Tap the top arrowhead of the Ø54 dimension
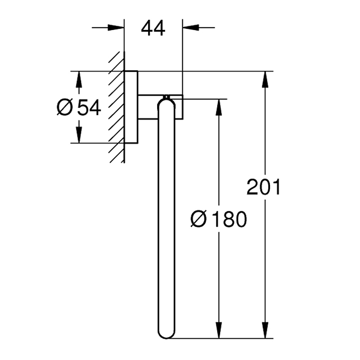(x=78, y=77)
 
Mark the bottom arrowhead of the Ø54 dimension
(x=78, y=137)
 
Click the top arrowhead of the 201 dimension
(x=263, y=77)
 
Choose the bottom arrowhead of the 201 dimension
(x=263, y=334)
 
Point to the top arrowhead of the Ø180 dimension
(x=220, y=105)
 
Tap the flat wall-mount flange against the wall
(x=131, y=108)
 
